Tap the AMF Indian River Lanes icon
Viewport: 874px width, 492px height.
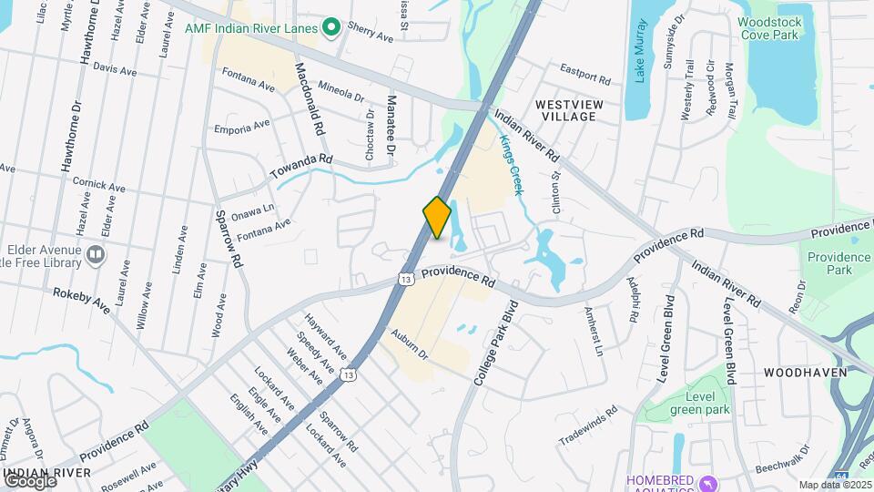(331, 28)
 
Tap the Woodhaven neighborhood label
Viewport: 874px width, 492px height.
(805, 373)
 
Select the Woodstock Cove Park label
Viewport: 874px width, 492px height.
(767, 28)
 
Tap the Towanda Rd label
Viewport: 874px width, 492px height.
(301, 167)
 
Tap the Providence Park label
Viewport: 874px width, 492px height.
(838, 263)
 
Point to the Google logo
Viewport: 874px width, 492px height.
(30, 480)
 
